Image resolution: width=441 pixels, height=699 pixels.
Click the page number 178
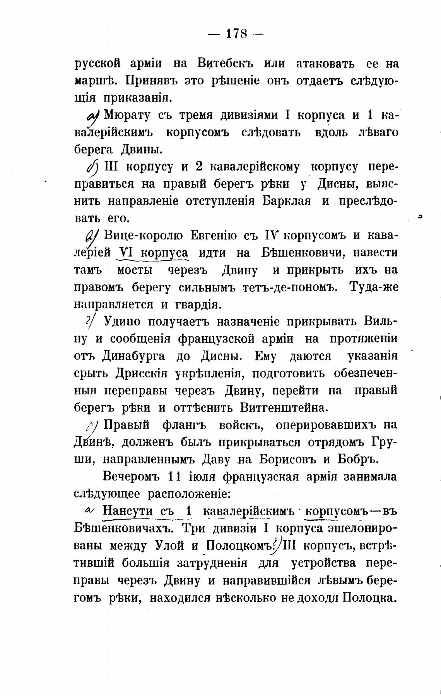point(236,34)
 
